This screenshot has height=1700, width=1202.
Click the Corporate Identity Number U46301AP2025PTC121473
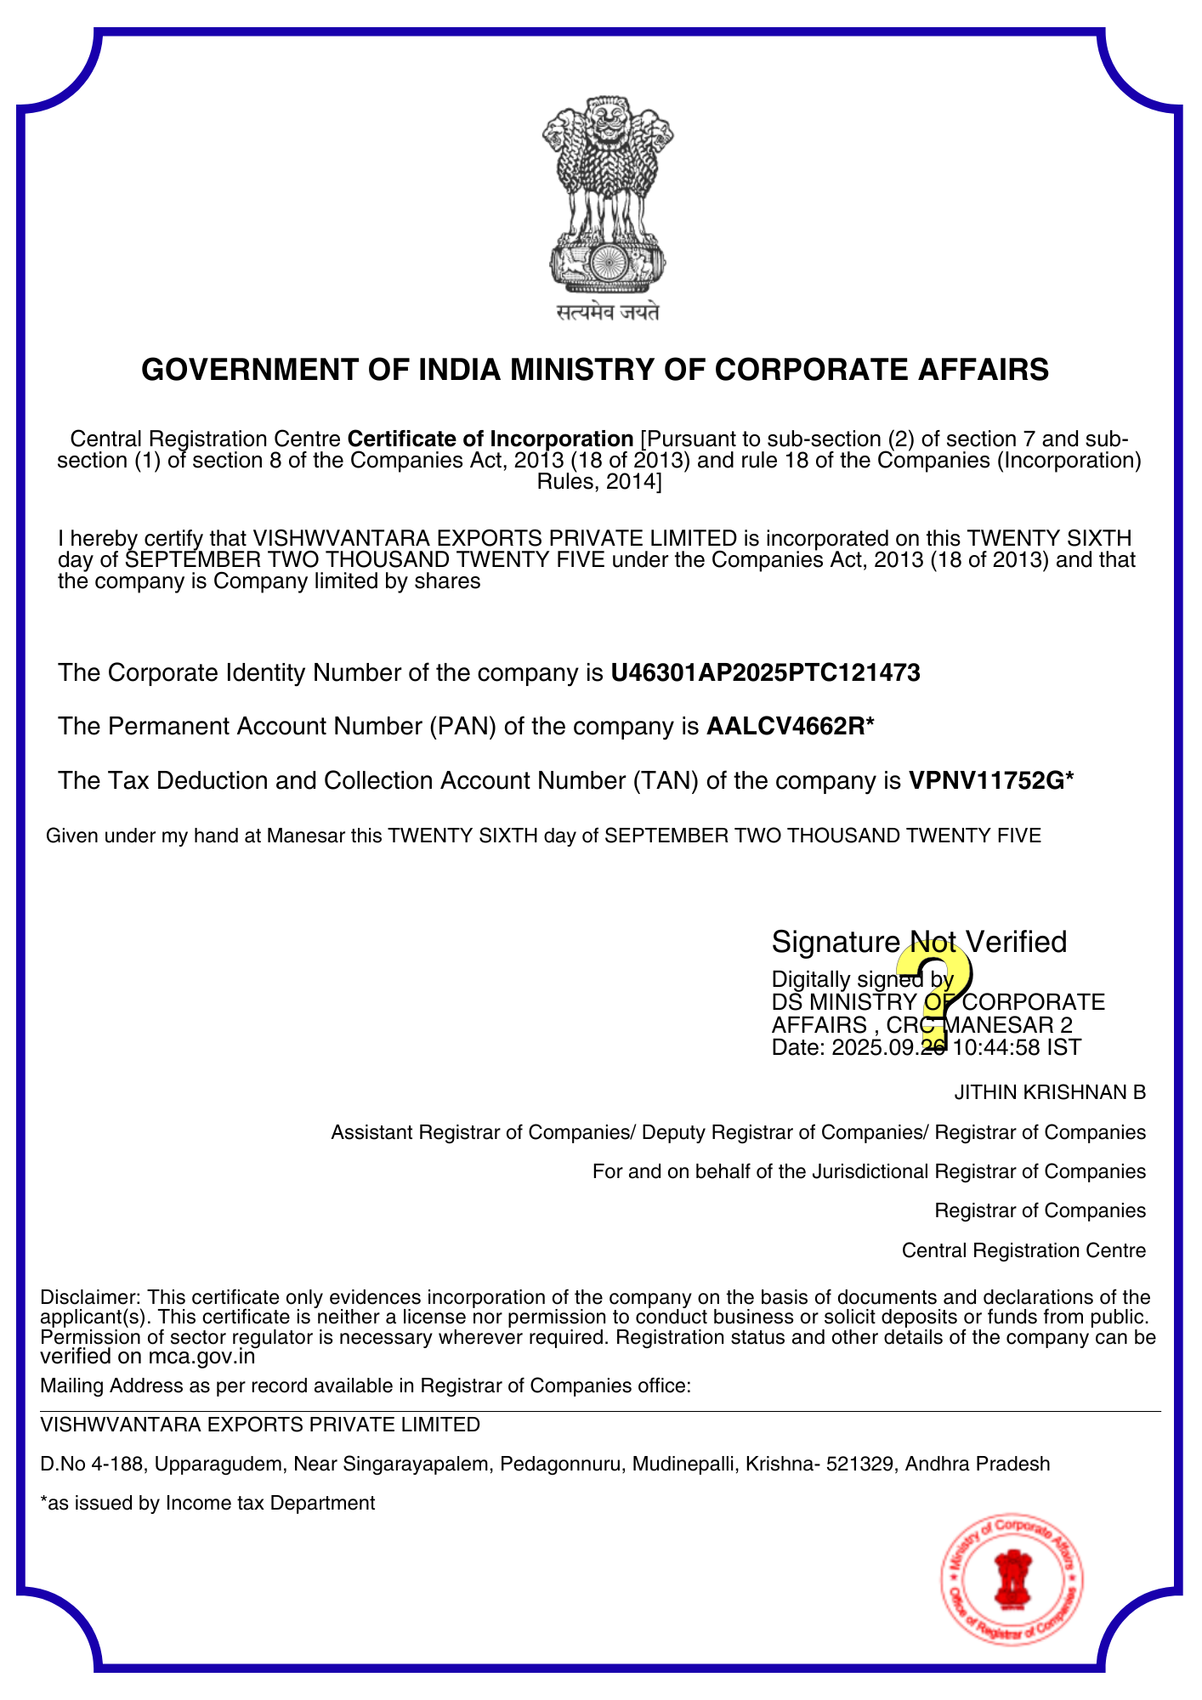click(765, 673)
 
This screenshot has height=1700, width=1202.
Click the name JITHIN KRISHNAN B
click(1050, 1092)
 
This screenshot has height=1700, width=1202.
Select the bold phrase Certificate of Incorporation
click(490, 439)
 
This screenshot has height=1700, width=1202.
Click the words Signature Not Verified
click(918, 942)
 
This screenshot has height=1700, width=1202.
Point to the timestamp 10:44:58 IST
click(1017, 1047)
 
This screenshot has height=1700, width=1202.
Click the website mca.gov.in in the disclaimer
click(201, 1357)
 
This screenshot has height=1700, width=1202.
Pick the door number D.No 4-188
click(93, 1464)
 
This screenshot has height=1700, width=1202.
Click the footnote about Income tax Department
click(207, 1503)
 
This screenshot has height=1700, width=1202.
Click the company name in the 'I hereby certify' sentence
click(496, 538)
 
